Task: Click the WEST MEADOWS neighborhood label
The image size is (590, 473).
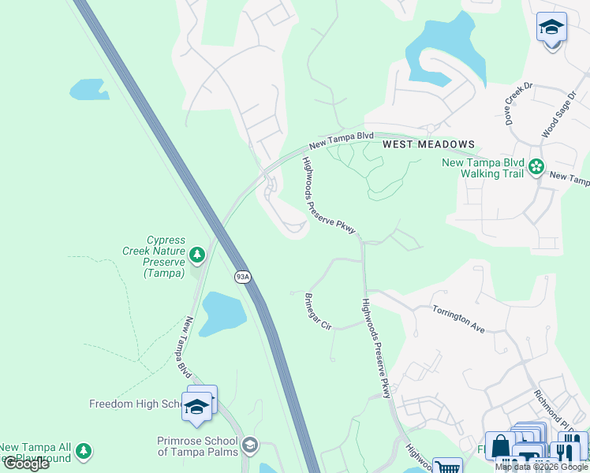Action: tap(429, 144)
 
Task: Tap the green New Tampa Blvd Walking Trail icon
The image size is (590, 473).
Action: tap(537, 166)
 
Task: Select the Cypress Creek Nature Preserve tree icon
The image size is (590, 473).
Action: tap(196, 254)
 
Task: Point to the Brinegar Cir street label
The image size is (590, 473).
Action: tap(318, 312)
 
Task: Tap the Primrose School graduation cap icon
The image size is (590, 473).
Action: tap(250, 446)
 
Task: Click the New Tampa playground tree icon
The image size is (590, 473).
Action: tap(84, 452)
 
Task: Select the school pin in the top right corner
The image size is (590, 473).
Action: tap(551, 28)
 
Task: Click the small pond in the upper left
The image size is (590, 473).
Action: tap(88, 90)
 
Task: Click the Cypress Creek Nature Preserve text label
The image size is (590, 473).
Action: tap(164, 256)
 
